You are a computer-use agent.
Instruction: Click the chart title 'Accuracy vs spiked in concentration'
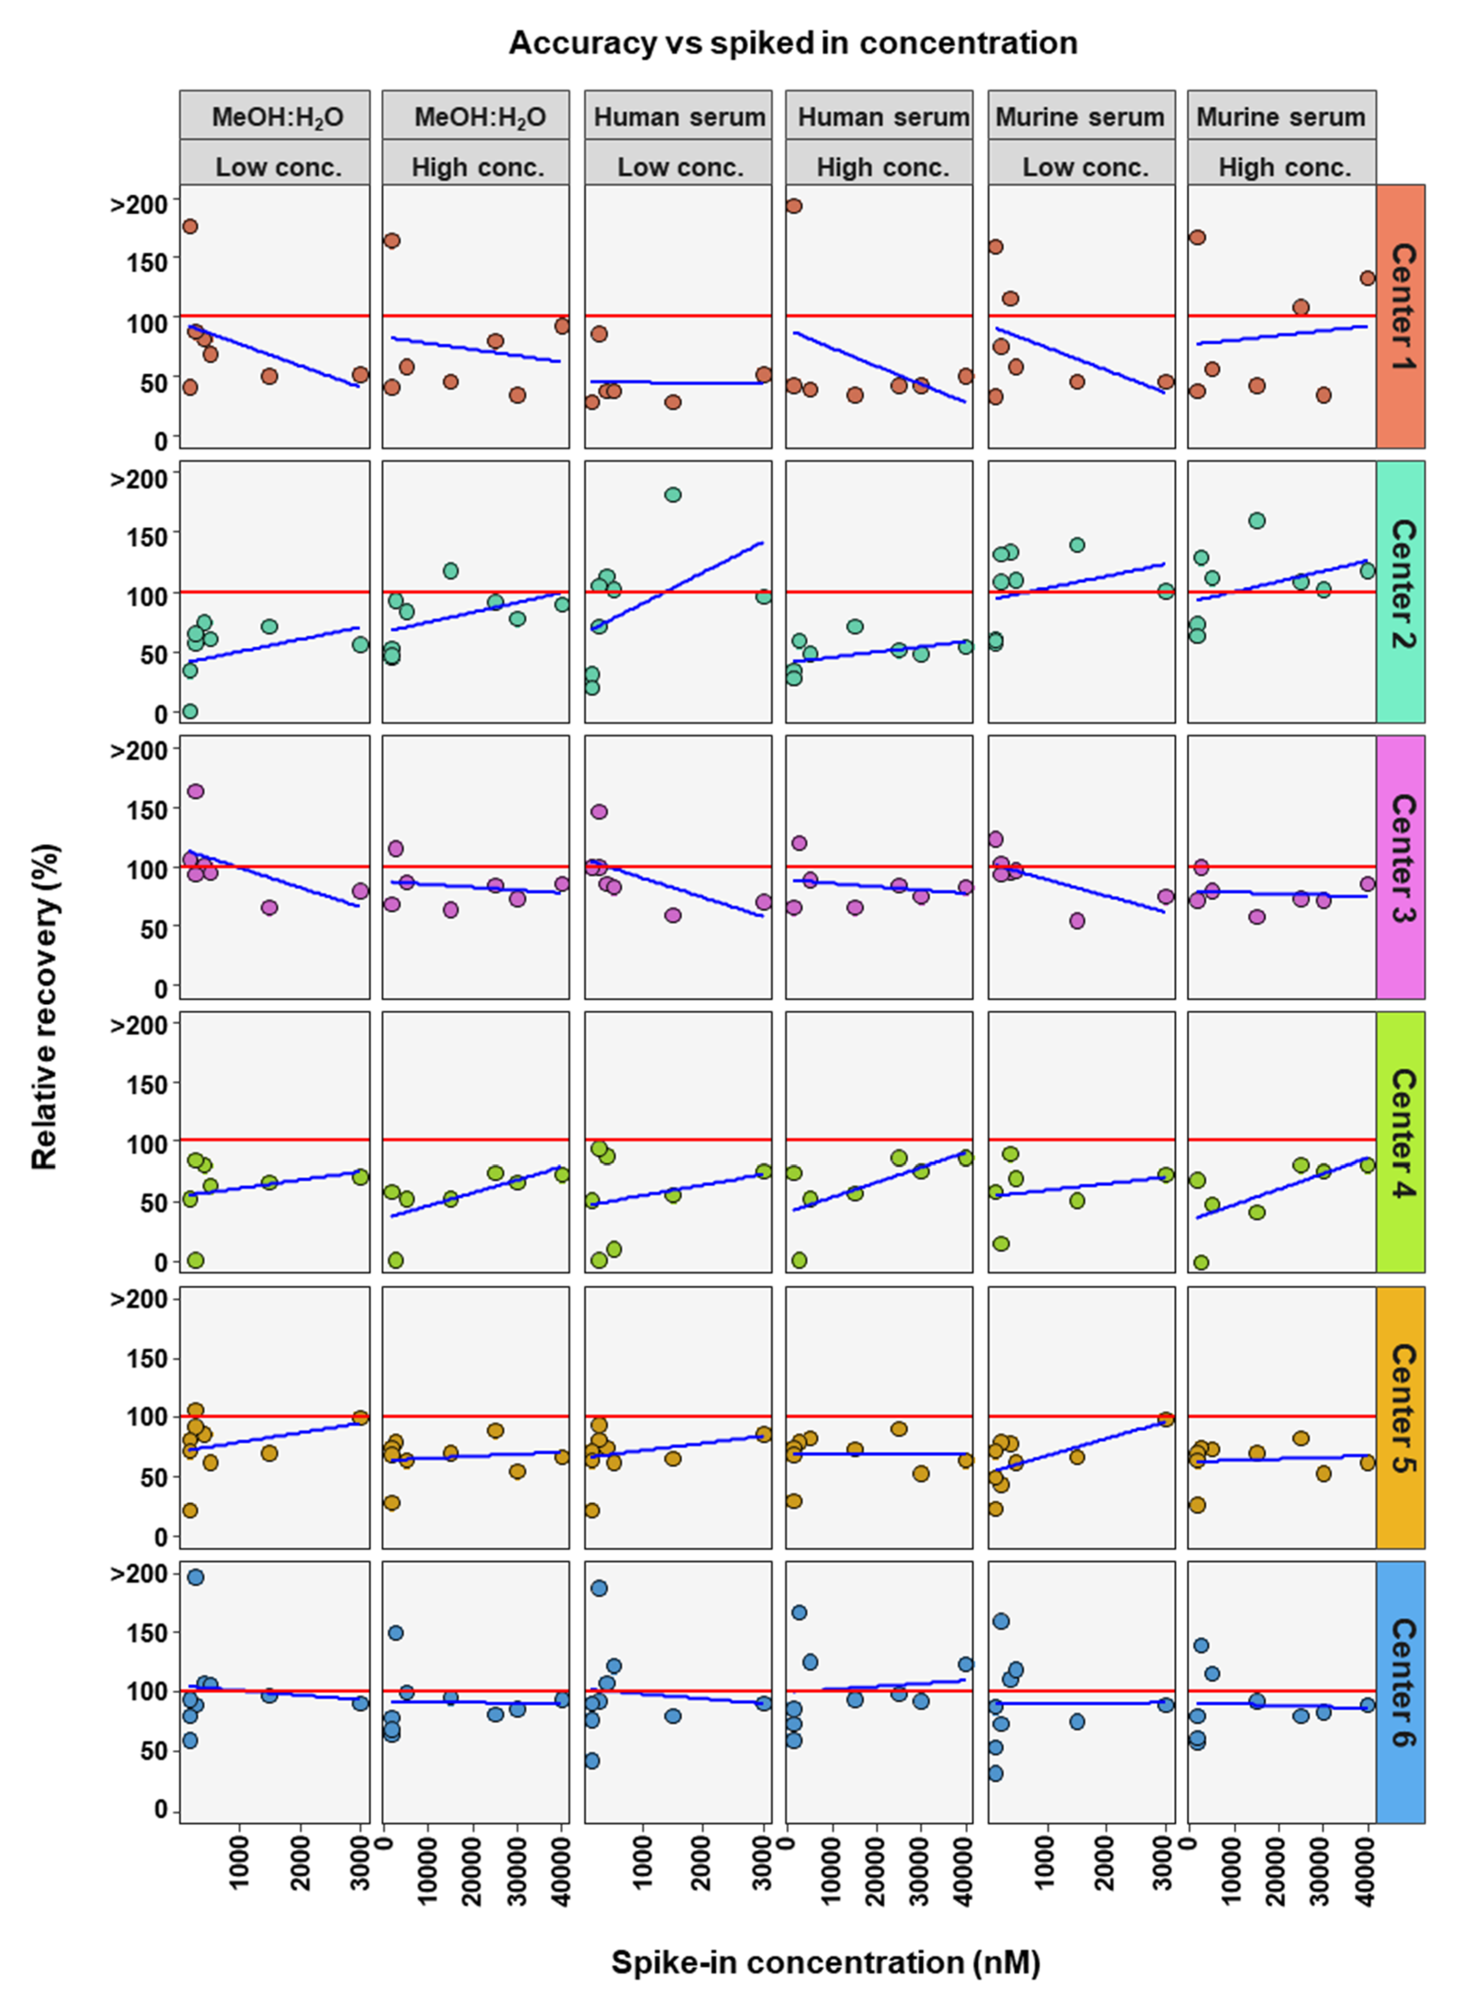[x=792, y=43]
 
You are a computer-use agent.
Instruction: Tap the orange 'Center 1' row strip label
[x=1400, y=316]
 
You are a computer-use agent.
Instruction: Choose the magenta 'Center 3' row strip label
[x=1400, y=867]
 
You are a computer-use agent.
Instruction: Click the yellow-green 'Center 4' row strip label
[x=1400, y=1141]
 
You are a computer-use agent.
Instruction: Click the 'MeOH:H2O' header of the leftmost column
[x=276, y=117]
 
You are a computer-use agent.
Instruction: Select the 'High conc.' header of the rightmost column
[x=1282, y=166]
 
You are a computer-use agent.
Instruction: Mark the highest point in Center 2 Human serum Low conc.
[x=673, y=495]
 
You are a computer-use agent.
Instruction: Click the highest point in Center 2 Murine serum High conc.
[x=1256, y=520]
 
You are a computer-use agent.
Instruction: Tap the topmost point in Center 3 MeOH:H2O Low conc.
[x=196, y=791]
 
